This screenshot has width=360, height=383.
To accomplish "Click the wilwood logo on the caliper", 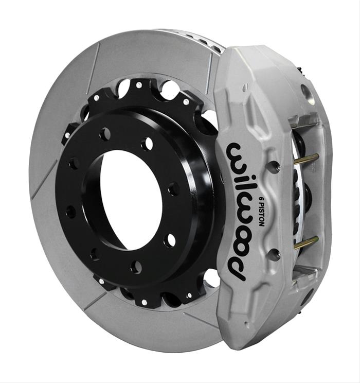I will click(x=242, y=208).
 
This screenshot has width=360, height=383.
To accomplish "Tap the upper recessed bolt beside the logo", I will click(x=274, y=166).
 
